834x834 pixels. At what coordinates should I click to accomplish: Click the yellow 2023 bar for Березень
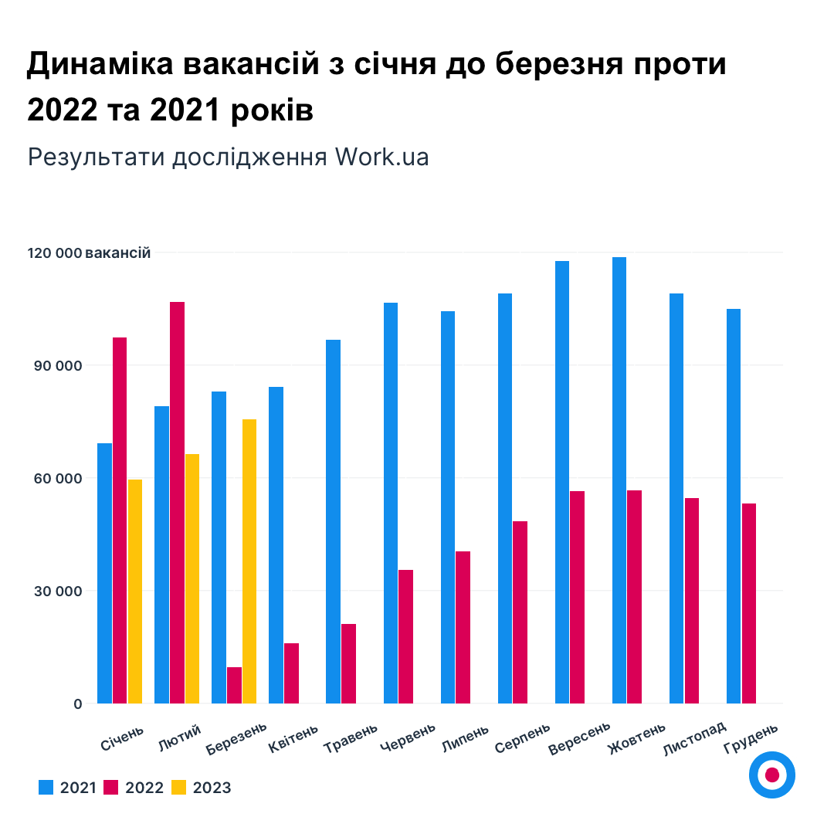249,561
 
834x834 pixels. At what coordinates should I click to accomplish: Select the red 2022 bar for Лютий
178,502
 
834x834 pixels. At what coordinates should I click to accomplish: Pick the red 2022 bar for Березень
234,685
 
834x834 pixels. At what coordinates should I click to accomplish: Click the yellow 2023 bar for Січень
135,592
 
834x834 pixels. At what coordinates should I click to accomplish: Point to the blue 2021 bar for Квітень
276,545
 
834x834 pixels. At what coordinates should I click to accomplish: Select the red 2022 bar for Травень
349,663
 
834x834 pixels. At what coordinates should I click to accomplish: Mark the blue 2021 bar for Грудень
734,506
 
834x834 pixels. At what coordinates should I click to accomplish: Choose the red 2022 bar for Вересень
578,597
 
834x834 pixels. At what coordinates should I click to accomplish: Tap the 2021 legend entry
67,788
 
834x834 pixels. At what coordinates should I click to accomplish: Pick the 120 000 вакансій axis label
89,253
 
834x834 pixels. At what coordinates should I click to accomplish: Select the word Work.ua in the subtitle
381,157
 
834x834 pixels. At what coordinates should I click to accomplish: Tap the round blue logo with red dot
772,775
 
